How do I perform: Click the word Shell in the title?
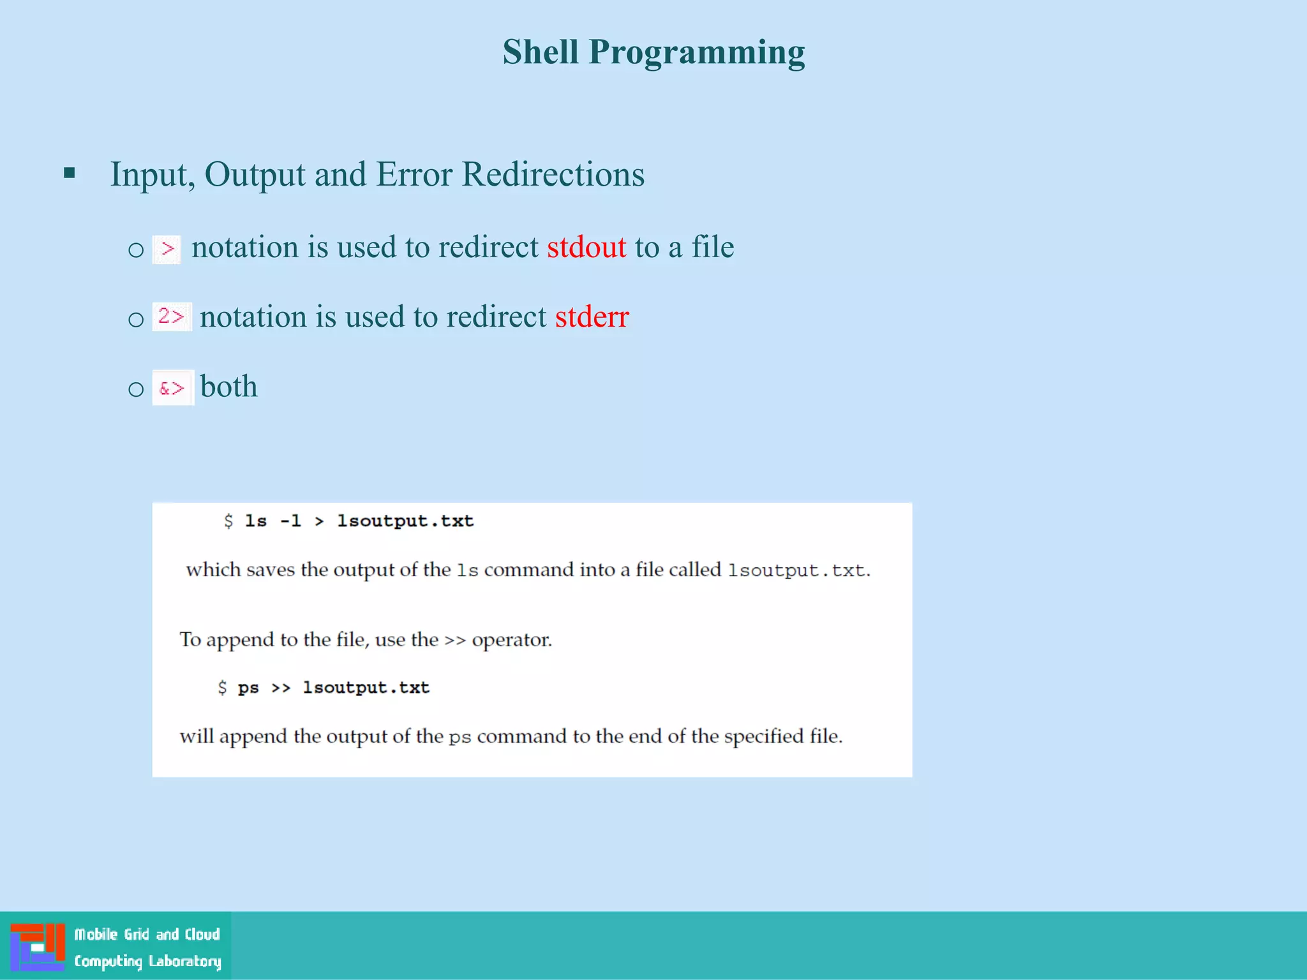(540, 52)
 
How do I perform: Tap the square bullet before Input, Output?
(70, 173)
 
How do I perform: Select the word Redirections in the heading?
(553, 174)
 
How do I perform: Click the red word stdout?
(586, 247)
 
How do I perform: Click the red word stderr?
(592, 316)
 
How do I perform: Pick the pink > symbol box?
(167, 248)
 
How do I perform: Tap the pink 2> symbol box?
(171, 316)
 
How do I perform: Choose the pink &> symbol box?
(172, 387)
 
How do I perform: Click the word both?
(228, 387)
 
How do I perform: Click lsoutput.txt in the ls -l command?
(405, 521)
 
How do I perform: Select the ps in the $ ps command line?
(248, 688)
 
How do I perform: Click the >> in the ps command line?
(281, 688)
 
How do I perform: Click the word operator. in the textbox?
(512, 639)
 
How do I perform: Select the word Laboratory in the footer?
(184, 961)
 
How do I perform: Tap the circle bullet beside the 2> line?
(136, 318)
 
